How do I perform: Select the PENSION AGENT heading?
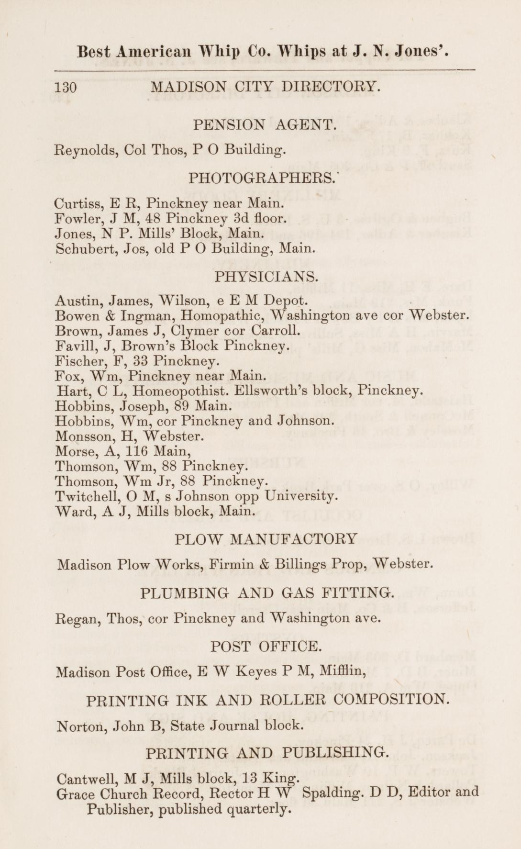pos(265,125)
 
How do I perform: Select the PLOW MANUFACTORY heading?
pos(266,539)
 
